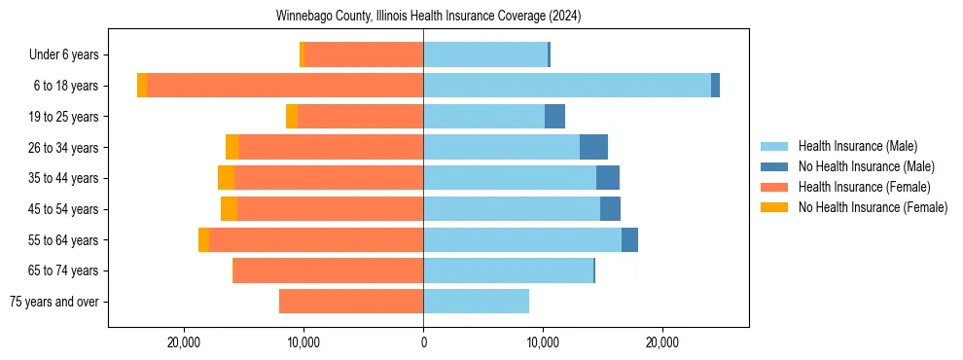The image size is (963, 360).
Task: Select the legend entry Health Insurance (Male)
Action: tap(857, 146)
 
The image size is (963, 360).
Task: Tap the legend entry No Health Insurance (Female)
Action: tap(873, 207)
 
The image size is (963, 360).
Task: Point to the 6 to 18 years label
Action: tap(65, 86)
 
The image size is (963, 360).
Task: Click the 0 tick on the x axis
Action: tap(423, 342)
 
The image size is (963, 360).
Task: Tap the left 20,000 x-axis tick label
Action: tap(184, 342)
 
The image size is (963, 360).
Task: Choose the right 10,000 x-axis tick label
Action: tap(543, 342)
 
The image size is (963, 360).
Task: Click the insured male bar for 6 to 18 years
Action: tap(567, 86)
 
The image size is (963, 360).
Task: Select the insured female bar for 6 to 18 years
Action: tap(285, 86)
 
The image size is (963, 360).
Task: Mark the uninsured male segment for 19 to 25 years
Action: tap(554, 117)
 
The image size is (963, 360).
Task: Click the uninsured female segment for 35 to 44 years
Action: tap(226, 178)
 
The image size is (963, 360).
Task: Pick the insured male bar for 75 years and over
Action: tap(476, 302)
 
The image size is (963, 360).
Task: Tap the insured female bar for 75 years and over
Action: tap(351, 302)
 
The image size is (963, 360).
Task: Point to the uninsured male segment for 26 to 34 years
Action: tap(593, 147)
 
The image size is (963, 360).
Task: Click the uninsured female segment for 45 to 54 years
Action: tap(229, 209)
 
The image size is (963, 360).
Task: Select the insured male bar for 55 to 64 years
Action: tap(522, 239)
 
